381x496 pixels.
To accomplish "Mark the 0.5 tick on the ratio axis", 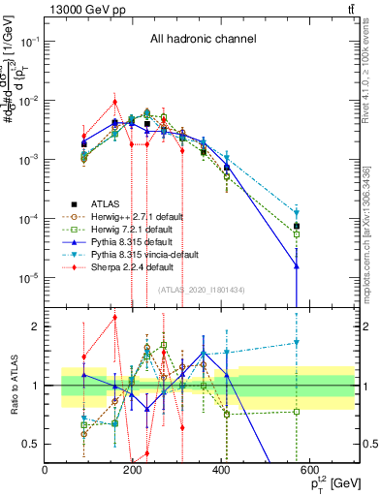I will click(36, 444).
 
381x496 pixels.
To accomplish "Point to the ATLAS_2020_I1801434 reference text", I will click(202, 289).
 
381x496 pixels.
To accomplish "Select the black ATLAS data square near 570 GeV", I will click(297, 226).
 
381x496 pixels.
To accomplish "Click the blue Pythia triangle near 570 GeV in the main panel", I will click(297, 265).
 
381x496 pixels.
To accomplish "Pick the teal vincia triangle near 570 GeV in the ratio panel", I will click(297, 342).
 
